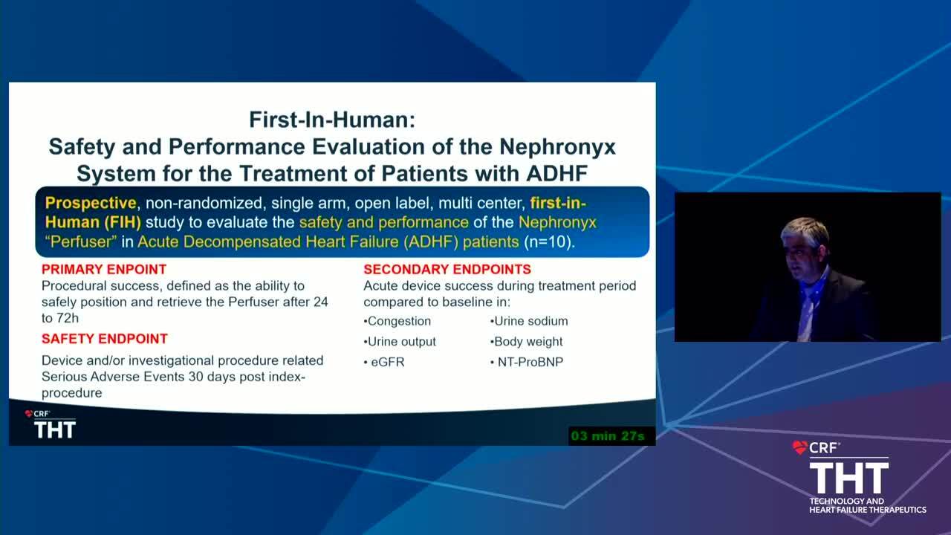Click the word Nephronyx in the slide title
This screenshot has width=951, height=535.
coord(557,147)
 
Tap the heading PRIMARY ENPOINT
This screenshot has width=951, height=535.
coord(104,269)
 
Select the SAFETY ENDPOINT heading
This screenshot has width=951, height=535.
coord(105,338)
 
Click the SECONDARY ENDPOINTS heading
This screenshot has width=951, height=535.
coord(447,269)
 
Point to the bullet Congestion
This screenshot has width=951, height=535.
coord(397,321)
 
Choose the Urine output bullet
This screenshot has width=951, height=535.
coord(400,341)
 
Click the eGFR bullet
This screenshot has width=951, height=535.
coord(384,362)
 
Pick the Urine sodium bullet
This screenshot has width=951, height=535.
coord(529,321)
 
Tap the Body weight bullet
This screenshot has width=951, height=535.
coord(527,341)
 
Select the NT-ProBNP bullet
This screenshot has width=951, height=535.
coord(527,362)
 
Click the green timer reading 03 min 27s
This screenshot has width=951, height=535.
coord(608,436)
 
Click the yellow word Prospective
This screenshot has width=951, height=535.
coord(91,203)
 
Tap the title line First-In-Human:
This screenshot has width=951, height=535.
coord(332,120)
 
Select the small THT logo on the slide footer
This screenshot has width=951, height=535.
coord(55,429)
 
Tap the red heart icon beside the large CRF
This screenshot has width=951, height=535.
coord(800,447)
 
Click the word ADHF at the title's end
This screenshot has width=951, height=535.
coord(556,174)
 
